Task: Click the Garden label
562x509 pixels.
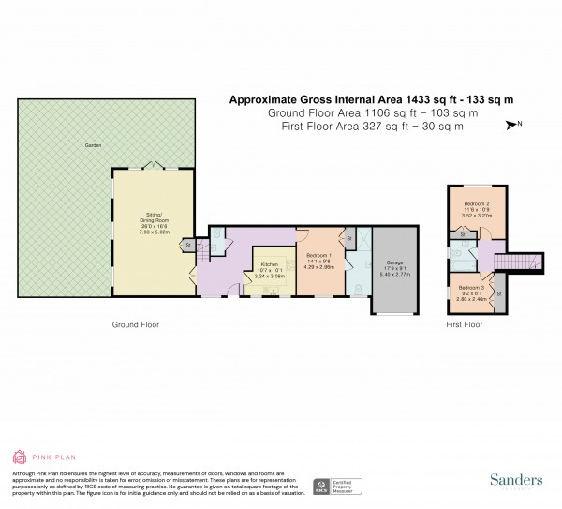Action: click(92, 146)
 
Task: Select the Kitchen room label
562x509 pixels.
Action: click(269, 265)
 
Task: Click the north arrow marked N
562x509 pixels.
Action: click(513, 125)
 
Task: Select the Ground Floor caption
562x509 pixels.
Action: click(137, 324)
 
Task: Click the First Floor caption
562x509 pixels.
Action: click(465, 324)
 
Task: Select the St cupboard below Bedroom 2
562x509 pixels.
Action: click(464, 234)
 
